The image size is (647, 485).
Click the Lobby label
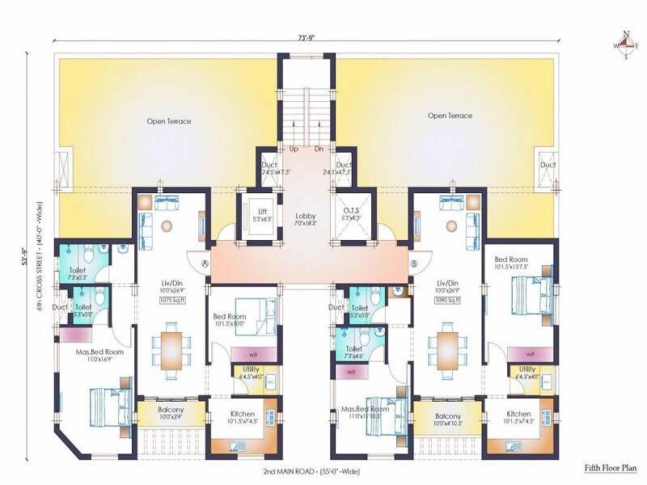point(305,215)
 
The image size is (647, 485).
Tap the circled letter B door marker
point(413,262)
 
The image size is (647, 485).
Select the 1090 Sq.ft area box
point(446,301)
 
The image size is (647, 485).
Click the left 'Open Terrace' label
point(169,121)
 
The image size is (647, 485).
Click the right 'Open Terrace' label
point(450,116)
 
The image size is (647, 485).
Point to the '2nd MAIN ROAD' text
point(289,470)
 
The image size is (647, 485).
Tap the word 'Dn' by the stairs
point(319,150)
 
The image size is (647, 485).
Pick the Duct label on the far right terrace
point(548,165)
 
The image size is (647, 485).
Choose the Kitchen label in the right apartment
point(519,413)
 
